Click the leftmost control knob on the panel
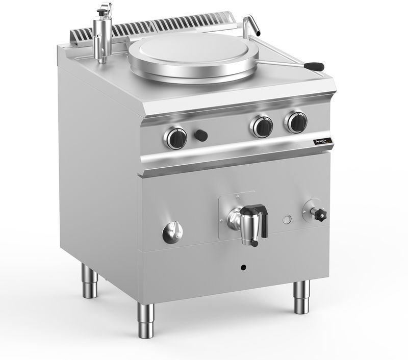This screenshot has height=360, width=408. tap(176, 137)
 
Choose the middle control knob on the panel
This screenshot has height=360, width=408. tap(262, 126)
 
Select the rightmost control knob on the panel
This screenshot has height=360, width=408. tap(296, 121)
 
